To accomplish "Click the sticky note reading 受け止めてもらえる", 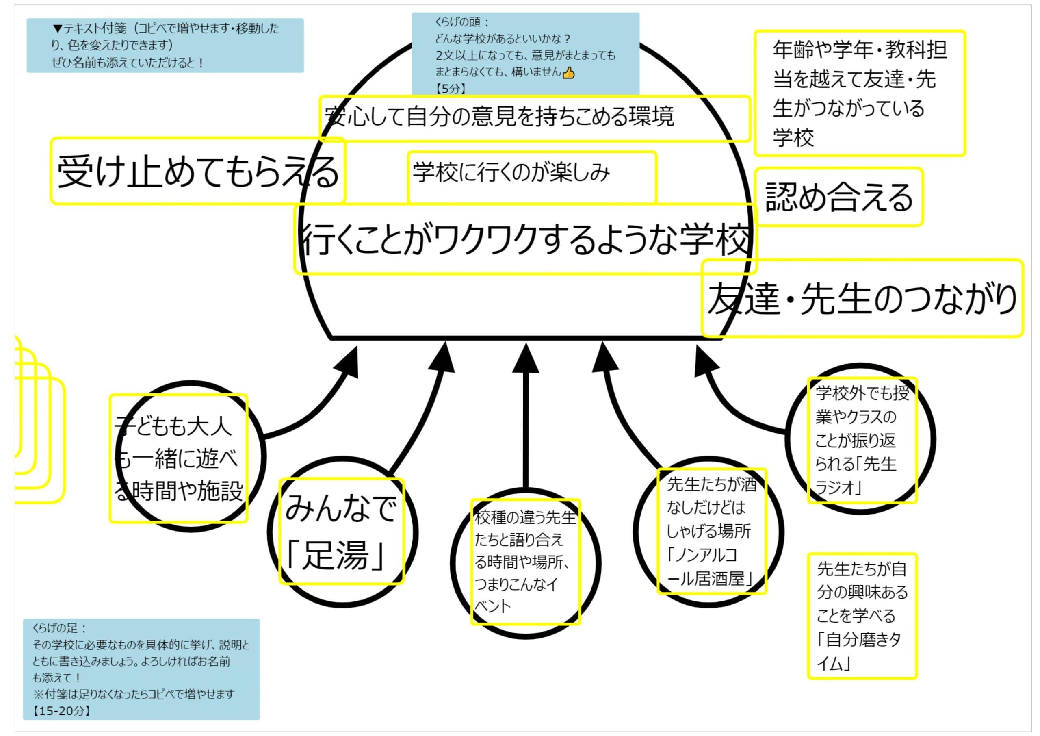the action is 197,171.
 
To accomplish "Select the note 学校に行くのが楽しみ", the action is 532,177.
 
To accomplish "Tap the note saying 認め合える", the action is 838,197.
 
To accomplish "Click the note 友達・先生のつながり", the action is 862,298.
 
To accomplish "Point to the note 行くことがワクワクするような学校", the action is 525,239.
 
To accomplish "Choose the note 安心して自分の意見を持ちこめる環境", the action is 535,118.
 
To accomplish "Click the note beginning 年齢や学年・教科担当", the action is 860,93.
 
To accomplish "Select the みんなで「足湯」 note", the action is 341,531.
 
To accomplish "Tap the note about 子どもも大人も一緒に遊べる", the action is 178,458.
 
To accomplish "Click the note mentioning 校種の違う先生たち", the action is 525,562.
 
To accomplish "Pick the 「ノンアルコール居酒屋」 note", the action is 712,531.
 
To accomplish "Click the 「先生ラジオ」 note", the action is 862,440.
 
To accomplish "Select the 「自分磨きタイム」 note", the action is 862,616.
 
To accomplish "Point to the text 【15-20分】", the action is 61,711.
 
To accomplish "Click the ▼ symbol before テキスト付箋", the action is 58,28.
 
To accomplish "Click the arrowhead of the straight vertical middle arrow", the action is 525,358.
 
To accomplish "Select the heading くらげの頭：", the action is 461,22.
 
